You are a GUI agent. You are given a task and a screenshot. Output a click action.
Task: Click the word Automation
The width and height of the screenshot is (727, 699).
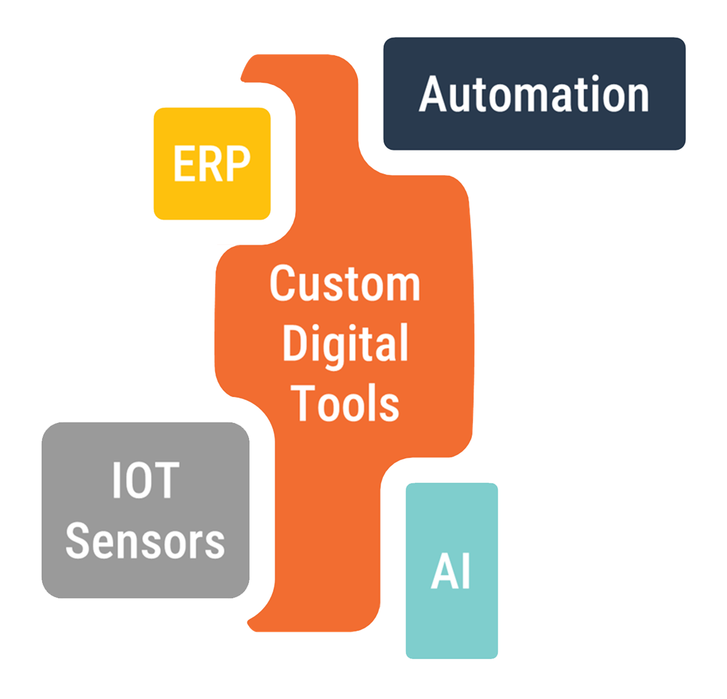click(534, 94)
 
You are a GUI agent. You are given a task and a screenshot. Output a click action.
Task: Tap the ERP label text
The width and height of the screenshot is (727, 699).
click(212, 163)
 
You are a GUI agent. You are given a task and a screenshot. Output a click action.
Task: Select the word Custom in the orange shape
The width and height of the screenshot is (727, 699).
click(345, 283)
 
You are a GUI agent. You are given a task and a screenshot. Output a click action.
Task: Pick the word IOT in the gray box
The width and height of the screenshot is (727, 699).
click(145, 480)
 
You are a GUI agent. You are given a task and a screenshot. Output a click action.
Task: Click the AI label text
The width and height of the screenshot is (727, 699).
click(451, 572)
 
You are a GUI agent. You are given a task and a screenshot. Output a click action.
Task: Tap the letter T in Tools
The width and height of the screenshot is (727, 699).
click(307, 403)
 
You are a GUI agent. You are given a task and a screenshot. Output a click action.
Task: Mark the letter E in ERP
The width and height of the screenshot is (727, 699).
click(184, 163)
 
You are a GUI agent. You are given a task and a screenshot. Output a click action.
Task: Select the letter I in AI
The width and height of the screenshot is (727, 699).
click(465, 572)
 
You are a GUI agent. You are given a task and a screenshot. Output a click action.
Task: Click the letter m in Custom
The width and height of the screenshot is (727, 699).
click(403, 286)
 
